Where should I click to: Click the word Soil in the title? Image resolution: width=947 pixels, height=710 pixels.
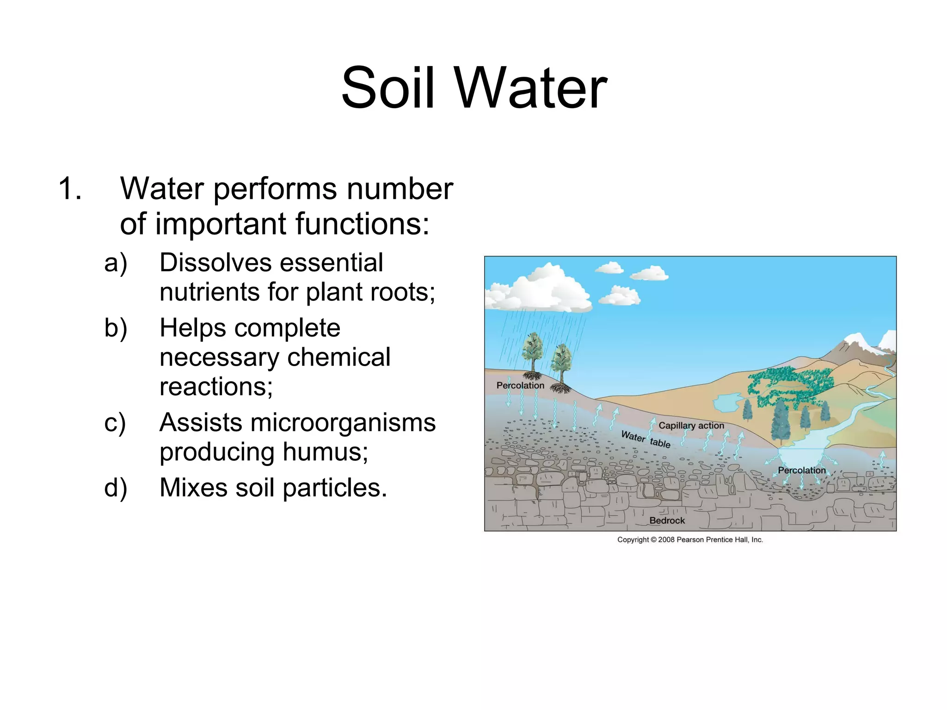[x=388, y=88]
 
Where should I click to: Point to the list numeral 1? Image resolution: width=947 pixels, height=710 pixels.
[x=70, y=189]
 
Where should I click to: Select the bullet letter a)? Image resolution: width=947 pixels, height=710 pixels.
[x=116, y=263]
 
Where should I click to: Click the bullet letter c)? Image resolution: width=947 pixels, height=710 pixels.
[x=115, y=422]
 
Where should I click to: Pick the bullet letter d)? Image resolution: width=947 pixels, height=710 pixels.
[x=116, y=488]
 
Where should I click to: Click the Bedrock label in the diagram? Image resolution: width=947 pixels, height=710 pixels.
[x=667, y=520]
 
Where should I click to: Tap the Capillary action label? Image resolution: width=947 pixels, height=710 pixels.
[x=691, y=425]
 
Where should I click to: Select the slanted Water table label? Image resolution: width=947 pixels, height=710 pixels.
[x=646, y=439]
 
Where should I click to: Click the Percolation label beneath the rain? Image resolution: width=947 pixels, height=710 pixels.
[x=520, y=386]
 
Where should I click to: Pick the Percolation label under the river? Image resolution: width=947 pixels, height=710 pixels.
[x=801, y=470]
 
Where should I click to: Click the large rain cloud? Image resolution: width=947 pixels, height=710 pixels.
[x=541, y=289]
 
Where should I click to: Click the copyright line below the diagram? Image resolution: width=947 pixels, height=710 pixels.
[x=690, y=539]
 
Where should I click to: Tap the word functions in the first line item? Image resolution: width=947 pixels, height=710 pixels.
[x=362, y=224]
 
